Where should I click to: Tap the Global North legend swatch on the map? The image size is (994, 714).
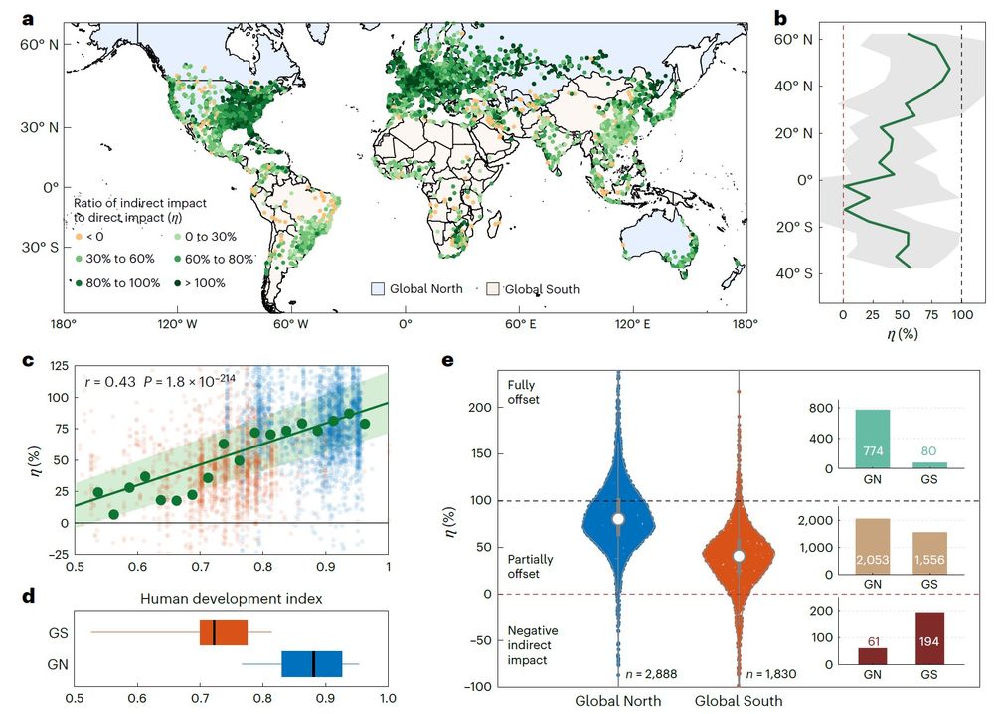click(378, 288)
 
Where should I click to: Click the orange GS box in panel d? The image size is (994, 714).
click(223, 632)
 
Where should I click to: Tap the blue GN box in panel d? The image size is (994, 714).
click(312, 663)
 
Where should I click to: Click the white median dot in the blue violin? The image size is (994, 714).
click(618, 519)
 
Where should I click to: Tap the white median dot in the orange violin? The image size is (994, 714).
click(739, 556)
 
